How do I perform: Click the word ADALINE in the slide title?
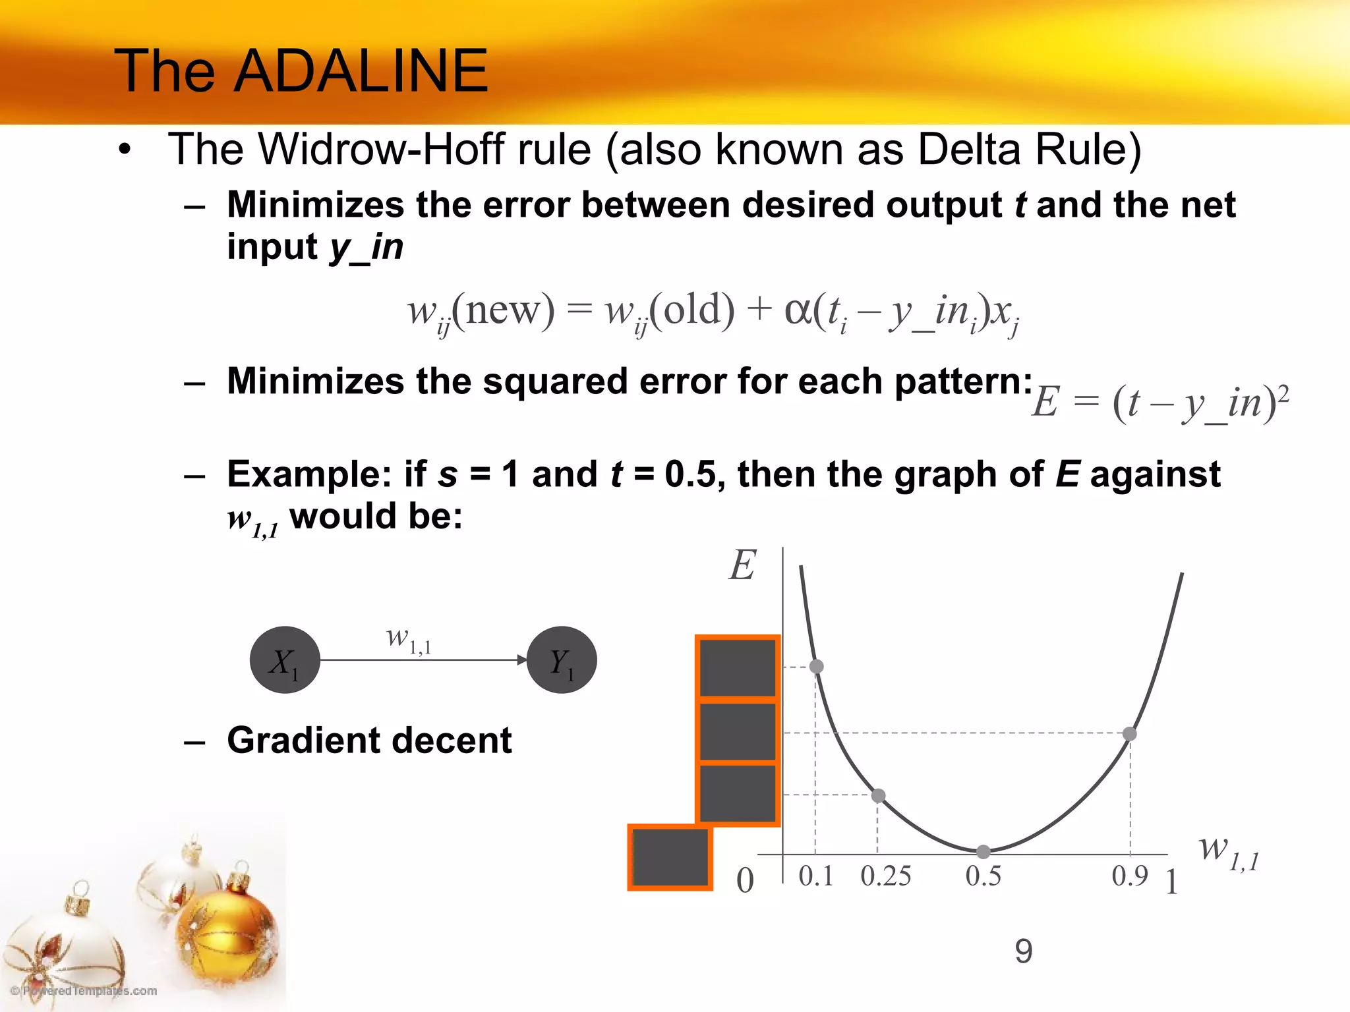(x=361, y=70)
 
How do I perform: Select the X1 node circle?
(x=285, y=660)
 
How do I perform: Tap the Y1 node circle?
(x=562, y=660)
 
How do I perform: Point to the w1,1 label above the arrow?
(x=409, y=639)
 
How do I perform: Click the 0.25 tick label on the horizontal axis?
(x=885, y=876)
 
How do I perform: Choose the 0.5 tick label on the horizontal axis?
(x=983, y=876)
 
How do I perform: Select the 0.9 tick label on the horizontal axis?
(x=1129, y=876)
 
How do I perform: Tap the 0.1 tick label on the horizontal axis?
(x=816, y=876)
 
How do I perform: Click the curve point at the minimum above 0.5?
(x=983, y=852)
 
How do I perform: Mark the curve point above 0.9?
(x=1130, y=733)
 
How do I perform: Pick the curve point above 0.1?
(x=816, y=666)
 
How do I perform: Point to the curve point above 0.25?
(x=878, y=795)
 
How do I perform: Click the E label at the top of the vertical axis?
(x=742, y=565)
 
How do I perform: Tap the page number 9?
(x=1023, y=951)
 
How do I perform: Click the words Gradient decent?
(x=369, y=740)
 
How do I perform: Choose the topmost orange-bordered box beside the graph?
(x=738, y=667)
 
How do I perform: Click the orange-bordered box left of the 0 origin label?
(x=670, y=857)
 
